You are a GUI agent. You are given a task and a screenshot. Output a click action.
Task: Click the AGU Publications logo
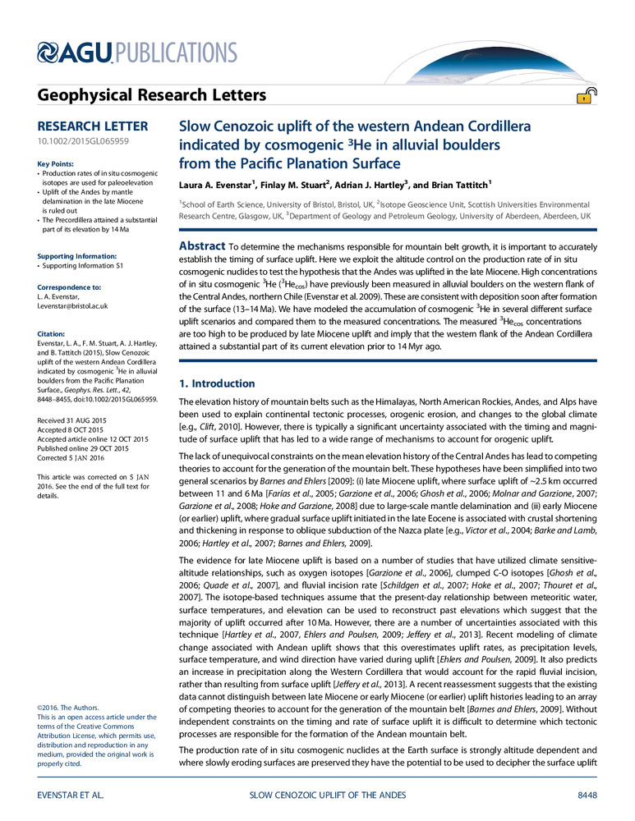pos(138,54)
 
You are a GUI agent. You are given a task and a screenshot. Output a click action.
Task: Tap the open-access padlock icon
pos(585,98)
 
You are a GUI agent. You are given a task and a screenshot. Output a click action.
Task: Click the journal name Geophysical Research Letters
pos(152,96)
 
